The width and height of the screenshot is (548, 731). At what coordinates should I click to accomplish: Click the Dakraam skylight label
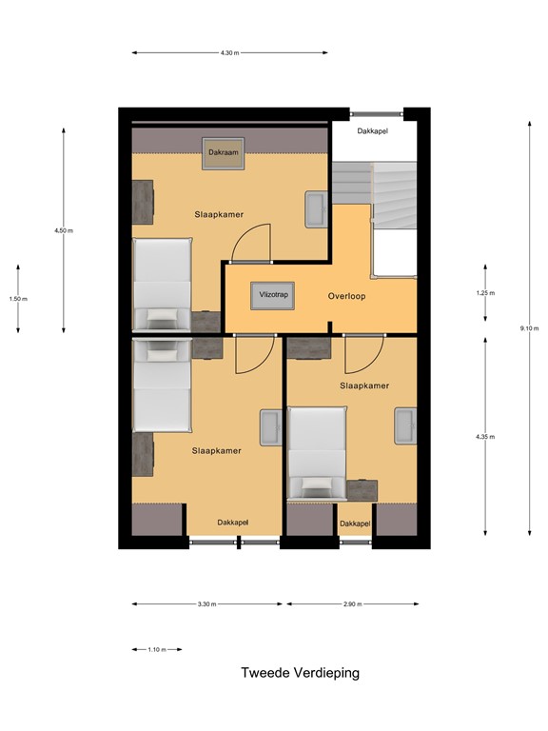tap(224, 152)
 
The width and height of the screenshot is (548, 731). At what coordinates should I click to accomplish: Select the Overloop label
tap(347, 296)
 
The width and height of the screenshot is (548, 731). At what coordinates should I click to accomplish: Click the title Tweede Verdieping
tap(300, 673)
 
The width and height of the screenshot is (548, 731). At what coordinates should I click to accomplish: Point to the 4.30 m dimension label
tap(228, 53)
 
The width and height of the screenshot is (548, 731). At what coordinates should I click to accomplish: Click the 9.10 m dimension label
tap(530, 328)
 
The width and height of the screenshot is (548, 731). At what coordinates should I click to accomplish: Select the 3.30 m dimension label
tap(206, 604)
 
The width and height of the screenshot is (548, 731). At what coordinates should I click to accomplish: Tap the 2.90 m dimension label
tap(351, 604)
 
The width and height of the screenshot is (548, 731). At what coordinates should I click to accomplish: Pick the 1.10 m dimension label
tap(157, 650)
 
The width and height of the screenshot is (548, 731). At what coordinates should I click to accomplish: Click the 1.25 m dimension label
tap(485, 293)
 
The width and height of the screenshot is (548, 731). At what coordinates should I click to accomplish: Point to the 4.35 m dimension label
tap(485, 437)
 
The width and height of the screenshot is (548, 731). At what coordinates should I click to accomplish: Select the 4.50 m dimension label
tap(64, 230)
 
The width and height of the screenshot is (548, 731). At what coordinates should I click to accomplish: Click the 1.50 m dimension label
tap(18, 299)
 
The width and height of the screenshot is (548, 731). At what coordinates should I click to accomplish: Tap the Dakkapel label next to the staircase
tap(374, 130)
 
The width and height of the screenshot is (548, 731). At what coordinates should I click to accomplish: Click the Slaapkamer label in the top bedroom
tap(217, 214)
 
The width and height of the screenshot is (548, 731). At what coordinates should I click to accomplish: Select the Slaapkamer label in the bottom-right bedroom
tap(364, 385)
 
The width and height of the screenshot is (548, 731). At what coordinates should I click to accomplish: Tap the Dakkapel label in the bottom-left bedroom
tap(233, 523)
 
